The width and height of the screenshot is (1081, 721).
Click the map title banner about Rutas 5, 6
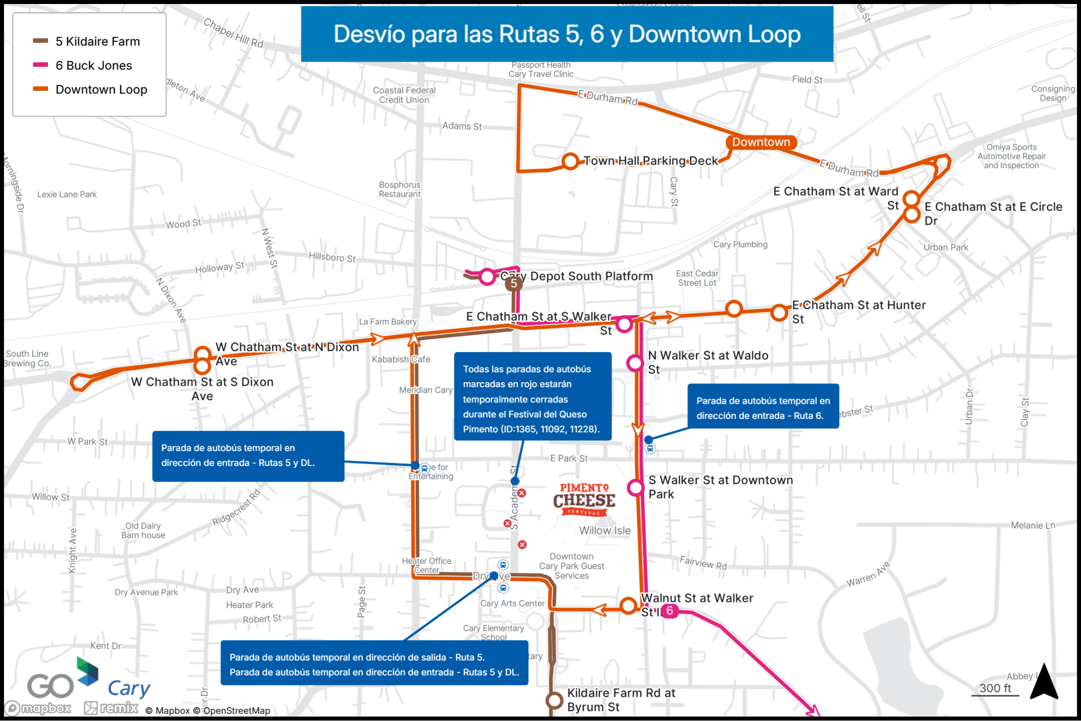point(567,34)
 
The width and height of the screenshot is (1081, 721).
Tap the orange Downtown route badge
point(761,142)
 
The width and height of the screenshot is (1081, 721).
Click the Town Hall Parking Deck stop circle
point(570,162)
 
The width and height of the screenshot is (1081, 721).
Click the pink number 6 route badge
point(670,611)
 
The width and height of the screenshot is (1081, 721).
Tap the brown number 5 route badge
point(513,284)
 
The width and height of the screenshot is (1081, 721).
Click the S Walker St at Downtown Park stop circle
point(636,487)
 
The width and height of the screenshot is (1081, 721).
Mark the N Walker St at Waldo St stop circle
point(635,363)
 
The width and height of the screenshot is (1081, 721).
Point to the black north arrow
point(1044,682)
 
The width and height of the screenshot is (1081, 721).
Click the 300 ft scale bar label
point(995,689)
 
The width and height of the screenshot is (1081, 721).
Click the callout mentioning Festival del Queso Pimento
point(532,397)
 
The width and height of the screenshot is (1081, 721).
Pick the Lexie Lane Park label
point(67,194)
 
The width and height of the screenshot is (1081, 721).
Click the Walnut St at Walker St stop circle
point(628,606)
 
